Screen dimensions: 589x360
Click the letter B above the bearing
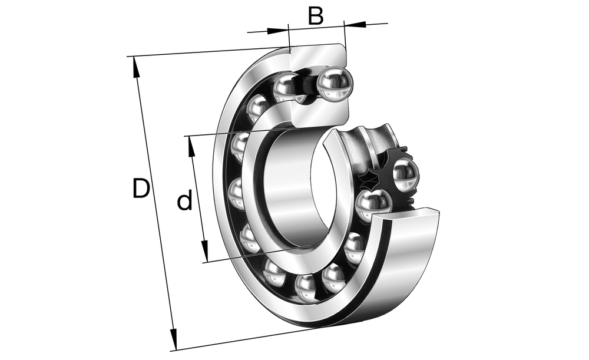coord(316,16)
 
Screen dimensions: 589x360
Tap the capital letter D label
coord(141,189)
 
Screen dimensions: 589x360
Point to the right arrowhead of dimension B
coord(355,24)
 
